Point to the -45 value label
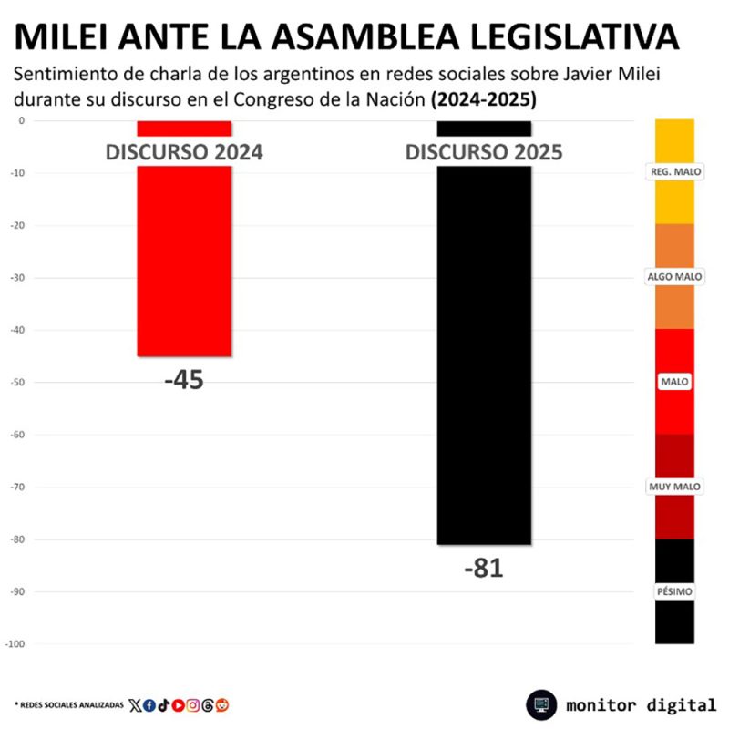pos(184,380)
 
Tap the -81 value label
pos(483,569)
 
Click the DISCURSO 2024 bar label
pos(184,152)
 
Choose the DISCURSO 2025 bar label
pos(484,152)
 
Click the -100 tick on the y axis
pos(15,644)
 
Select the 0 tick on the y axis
pos(21,120)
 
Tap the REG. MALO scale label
pos(674,171)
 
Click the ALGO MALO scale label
pos(674,276)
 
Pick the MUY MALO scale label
pos(674,487)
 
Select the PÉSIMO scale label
pos(674,591)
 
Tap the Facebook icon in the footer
pos(149,704)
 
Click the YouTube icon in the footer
pos(179,704)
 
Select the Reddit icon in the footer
pos(222,704)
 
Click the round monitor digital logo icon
pos(541,704)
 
